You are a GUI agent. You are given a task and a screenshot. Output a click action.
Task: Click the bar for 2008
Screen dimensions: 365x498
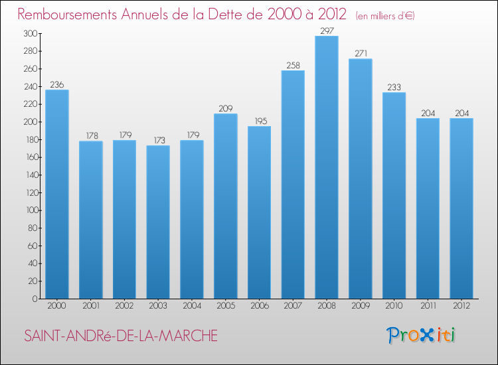(327, 167)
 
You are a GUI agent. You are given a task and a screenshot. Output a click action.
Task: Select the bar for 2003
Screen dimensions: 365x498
(158, 222)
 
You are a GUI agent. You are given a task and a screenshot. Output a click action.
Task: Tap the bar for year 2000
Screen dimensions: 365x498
(57, 194)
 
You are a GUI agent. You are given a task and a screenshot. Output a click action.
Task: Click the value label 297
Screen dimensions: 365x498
(327, 30)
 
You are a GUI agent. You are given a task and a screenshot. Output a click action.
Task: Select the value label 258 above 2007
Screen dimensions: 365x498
(293, 64)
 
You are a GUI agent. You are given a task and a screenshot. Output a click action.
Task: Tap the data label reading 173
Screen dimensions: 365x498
(158, 139)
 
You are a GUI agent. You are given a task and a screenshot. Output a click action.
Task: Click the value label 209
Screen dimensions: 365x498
(226, 108)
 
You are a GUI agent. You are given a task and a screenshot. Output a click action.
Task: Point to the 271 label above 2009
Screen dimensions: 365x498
(361, 53)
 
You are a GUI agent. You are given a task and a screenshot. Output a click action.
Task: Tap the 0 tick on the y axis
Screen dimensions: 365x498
(34, 299)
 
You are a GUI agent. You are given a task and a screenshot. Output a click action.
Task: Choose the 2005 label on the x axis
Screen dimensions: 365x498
(226, 307)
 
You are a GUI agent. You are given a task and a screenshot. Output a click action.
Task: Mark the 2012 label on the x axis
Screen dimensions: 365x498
(461, 307)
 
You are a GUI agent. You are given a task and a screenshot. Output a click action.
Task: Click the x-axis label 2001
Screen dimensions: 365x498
(91, 307)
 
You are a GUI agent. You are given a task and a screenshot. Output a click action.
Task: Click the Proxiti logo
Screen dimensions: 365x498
(421, 335)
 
